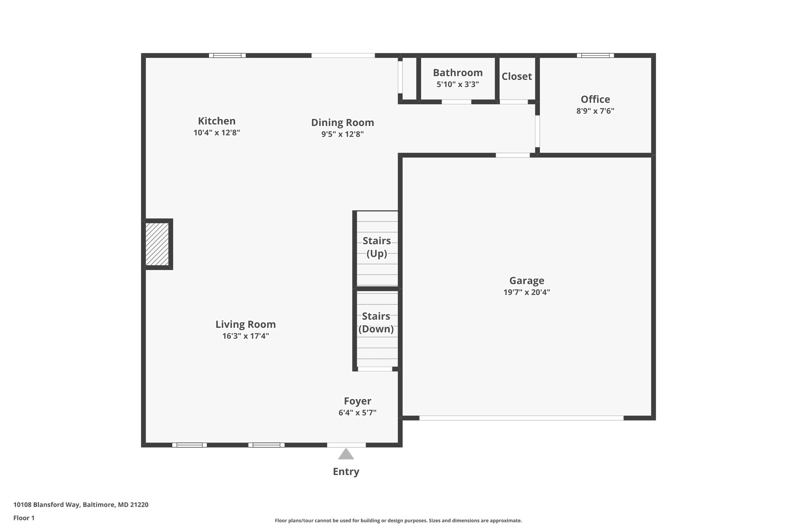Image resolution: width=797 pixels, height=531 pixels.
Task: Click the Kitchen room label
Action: point(217,121)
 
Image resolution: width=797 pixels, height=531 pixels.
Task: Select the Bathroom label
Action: point(458,73)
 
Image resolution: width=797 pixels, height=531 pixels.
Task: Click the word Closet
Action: point(516,77)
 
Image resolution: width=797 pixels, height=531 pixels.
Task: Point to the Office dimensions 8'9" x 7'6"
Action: point(595,111)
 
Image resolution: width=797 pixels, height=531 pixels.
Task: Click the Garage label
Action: point(527,280)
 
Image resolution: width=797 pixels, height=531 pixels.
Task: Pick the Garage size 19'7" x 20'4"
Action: point(527,293)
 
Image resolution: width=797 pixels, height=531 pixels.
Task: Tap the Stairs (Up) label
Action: point(377,247)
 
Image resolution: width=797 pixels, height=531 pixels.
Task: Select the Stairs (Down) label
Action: point(376,322)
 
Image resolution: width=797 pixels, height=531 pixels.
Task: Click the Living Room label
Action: point(246,324)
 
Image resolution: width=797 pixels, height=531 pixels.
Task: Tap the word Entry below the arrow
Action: point(346,472)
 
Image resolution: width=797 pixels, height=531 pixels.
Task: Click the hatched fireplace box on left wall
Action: point(157,244)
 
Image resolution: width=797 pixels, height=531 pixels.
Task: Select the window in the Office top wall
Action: point(595,56)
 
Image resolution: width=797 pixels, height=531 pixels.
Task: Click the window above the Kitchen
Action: point(227,56)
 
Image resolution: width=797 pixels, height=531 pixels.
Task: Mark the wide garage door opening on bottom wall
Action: point(521,418)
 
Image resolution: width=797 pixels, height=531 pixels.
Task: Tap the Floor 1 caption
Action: point(24,518)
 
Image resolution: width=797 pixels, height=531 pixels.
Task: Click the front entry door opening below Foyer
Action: point(346,445)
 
